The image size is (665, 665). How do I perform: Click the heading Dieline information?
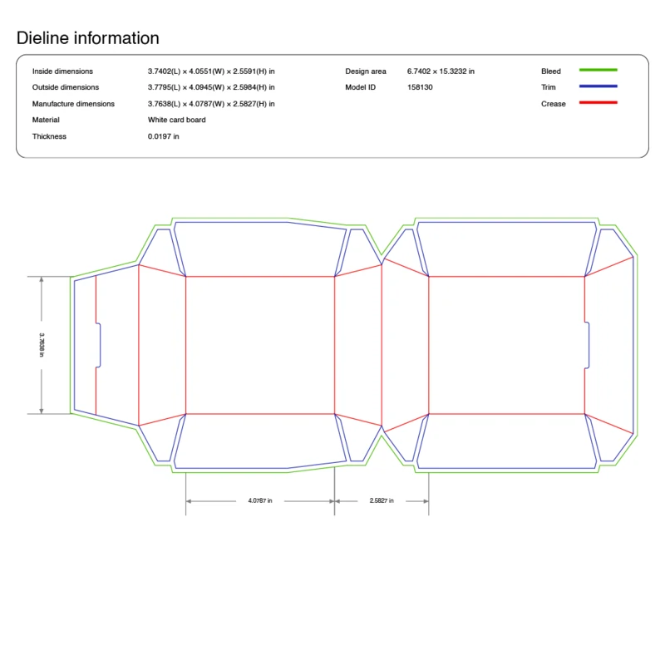coord(87,38)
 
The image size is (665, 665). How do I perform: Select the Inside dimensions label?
coord(62,71)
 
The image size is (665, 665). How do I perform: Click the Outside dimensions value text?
coord(211,87)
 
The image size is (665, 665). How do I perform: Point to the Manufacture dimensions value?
coord(211,104)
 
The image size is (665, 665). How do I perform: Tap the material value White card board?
coord(177,120)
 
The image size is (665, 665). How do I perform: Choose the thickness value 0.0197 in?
coord(164,136)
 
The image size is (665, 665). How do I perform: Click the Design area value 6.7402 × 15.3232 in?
coord(441,71)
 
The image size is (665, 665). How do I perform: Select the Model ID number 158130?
coord(420,87)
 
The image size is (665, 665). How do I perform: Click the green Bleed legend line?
coord(598,71)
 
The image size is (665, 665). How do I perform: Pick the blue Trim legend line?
coord(598,86)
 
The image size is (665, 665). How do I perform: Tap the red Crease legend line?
coord(598,102)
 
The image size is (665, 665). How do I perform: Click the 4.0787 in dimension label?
coord(260,500)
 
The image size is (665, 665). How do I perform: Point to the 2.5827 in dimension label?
coord(382,500)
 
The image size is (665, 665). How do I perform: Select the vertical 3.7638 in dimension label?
coord(42,345)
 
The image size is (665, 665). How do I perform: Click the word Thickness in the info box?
coord(49,136)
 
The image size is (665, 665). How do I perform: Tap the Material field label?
coord(47,120)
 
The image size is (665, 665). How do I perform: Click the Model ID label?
coord(361,87)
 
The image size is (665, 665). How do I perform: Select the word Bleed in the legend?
coord(551,71)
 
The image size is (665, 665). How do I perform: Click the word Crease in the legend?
coord(554,104)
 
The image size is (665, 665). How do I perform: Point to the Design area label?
coord(366,71)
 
